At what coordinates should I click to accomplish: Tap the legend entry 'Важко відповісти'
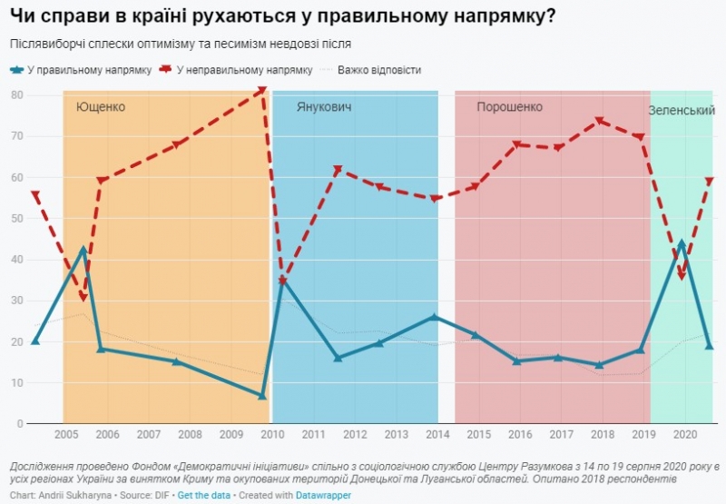pos(378,70)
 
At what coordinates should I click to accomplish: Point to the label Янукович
pos(324,107)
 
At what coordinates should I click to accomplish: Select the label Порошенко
pos(509,107)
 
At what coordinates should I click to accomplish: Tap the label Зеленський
pos(682,110)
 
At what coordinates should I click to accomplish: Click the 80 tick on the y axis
pos(16,95)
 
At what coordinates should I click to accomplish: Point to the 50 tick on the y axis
pos(16,219)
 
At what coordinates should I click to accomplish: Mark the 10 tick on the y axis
pos(16,383)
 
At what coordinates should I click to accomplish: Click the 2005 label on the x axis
pos(65,435)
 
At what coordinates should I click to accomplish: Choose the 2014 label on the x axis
pos(437,435)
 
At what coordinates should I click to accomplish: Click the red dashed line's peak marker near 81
pos(262,90)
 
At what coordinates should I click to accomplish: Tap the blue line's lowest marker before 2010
pos(262,396)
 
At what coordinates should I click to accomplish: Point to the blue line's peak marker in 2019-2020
pos(682,243)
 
